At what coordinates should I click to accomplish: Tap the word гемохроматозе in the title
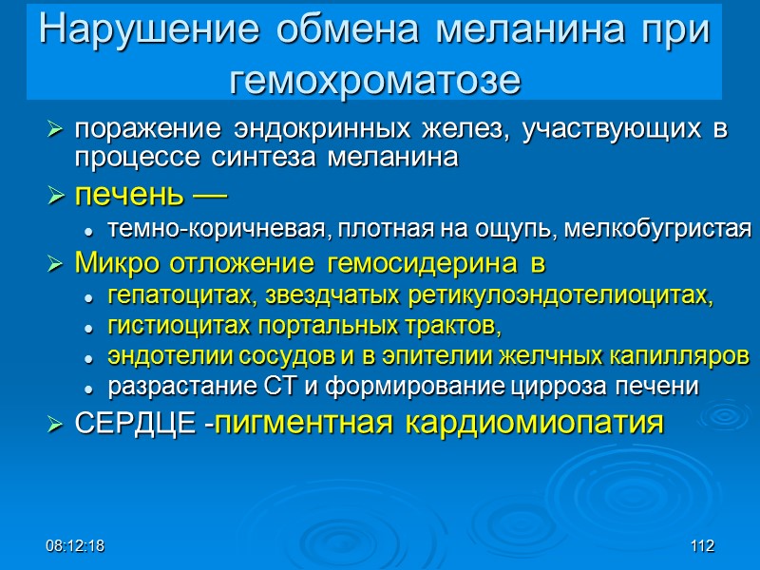coord(376,79)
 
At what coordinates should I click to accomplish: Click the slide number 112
coord(702,546)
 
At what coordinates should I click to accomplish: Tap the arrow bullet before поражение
coord(55,130)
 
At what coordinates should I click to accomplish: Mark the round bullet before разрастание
coord(88,388)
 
